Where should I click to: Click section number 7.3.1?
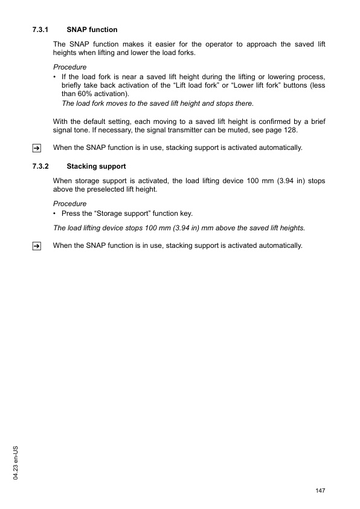[40, 30]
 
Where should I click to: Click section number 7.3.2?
[40, 166]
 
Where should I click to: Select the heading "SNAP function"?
[92, 30]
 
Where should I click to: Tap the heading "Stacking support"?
[96, 166]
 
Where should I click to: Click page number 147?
[320, 490]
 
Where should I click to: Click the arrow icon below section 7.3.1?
[37, 148]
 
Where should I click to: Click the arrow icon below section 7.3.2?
[37, 246]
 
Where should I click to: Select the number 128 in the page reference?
[290, 131]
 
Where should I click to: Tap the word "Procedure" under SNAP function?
[69, 67]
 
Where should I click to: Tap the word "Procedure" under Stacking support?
[69, 204]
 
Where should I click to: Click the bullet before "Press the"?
[55, 213]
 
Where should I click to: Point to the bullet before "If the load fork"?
[55, 77]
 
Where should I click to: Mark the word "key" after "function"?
[185, 213]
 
